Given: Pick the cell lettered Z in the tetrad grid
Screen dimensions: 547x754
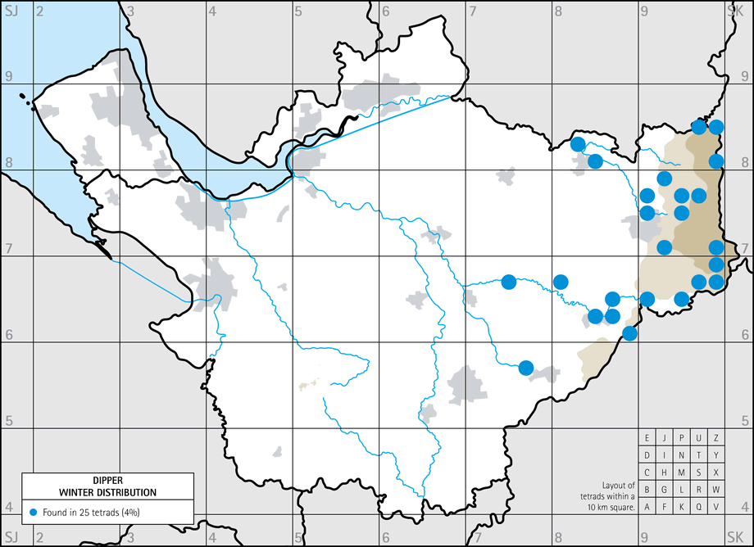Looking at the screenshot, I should click(x=716, y=437).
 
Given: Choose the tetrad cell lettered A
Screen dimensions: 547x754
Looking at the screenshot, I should click(x=647, y=506).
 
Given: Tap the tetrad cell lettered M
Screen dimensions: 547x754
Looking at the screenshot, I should click(x=682, y=472).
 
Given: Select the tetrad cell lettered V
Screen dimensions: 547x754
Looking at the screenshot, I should click(x=716, y=506).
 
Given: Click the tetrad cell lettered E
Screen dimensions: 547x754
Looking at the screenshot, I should click(x=647, y=437).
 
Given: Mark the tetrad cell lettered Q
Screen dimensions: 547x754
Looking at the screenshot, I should click(x=699, y=506).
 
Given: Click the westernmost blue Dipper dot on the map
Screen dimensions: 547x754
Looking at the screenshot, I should click(x=508, y=283).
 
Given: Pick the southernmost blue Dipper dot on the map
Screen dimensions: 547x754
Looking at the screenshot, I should click(x=526, y=367).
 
